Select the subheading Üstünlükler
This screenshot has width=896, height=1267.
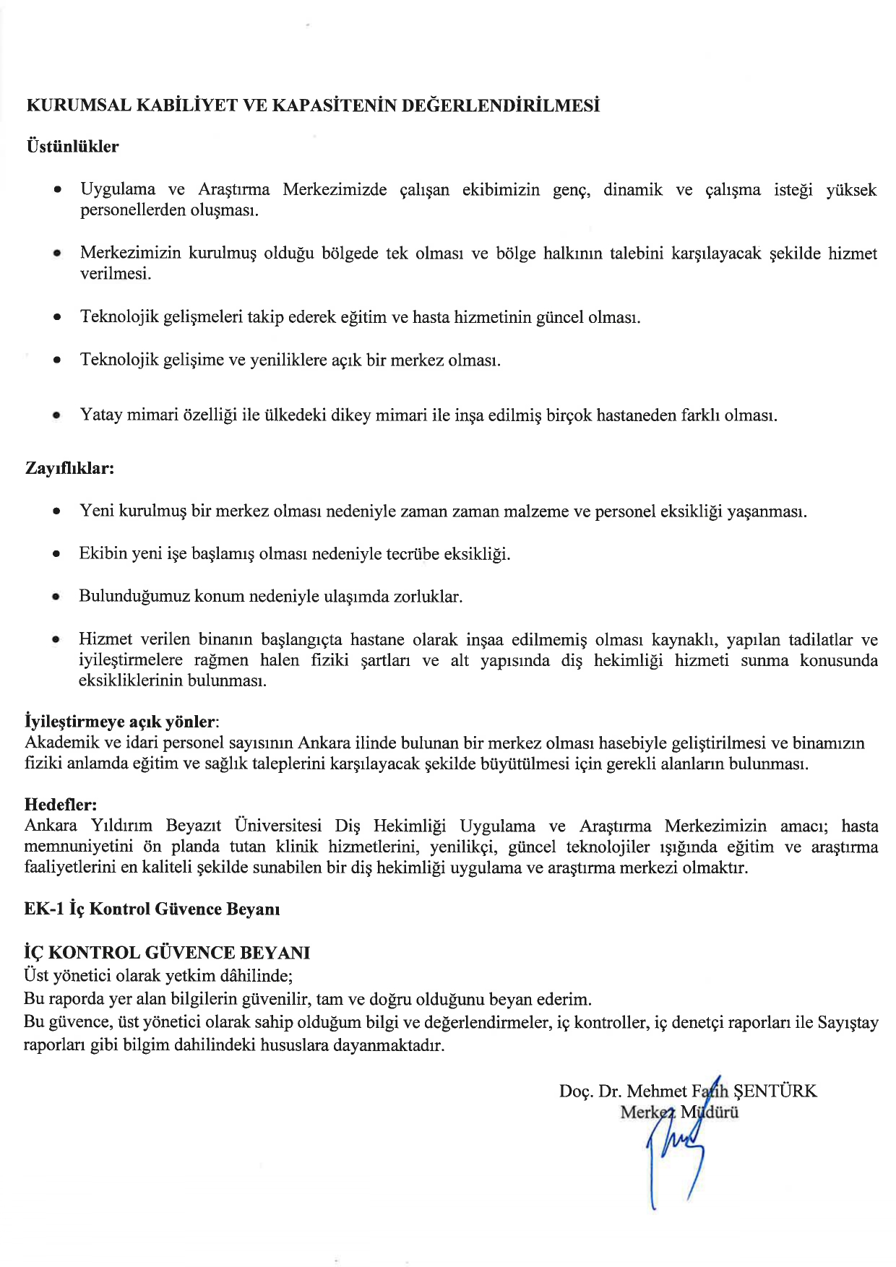tap(72, 147)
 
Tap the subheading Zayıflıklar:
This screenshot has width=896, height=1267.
tap(70, 468)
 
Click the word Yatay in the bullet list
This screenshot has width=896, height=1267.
tap(100, 415)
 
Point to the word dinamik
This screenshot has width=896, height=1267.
tap(633, 190)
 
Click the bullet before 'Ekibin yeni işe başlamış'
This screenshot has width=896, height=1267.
tap(56, 555)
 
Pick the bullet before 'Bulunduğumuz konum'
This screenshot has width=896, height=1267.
tap(56, 597)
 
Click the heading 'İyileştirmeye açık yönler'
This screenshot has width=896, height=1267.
tap(120, 722)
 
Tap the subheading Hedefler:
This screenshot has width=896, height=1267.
tap(61, 805)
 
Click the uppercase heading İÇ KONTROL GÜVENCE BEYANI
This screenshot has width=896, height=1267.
tap(167, 953)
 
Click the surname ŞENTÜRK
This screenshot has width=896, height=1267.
tap(775, 1091)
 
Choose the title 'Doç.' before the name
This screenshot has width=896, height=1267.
tap(576, 1091)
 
